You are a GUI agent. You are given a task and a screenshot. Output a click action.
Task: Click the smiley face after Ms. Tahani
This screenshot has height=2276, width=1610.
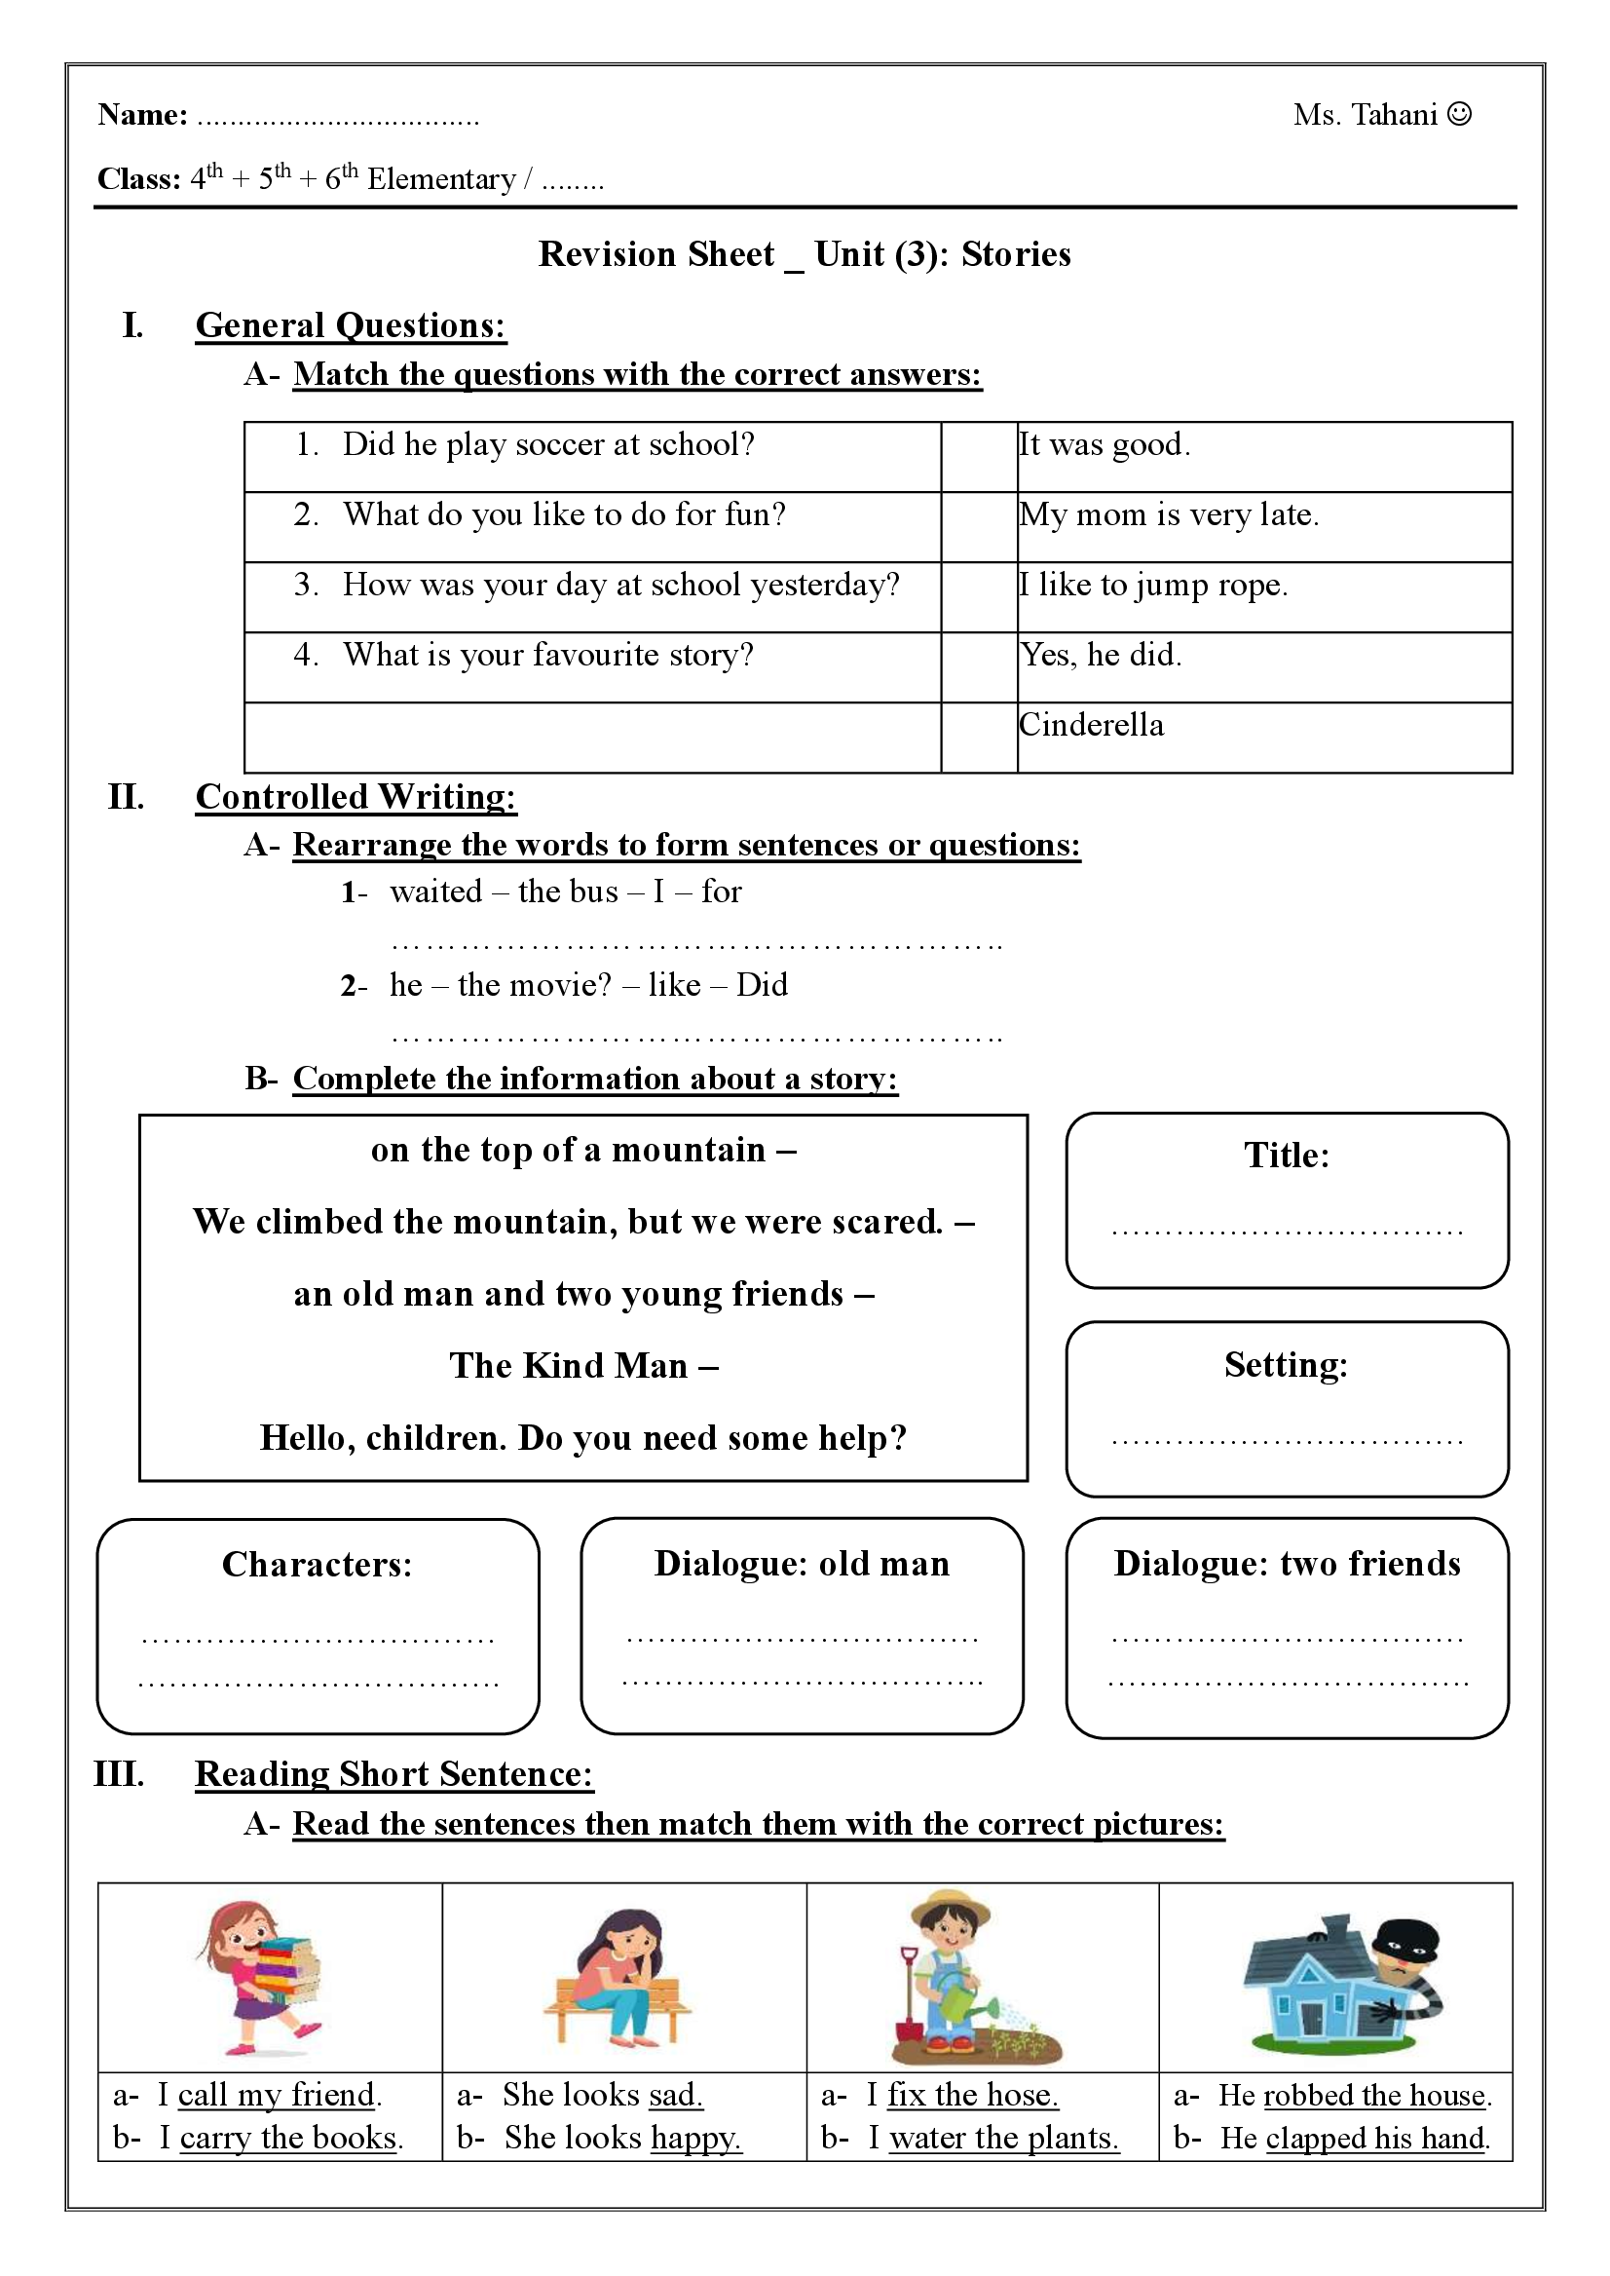point(1459,115)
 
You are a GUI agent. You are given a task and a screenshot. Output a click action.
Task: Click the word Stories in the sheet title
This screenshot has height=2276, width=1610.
point(1016,255)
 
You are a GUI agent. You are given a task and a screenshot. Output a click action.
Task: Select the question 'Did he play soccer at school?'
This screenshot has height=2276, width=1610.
point(548,444)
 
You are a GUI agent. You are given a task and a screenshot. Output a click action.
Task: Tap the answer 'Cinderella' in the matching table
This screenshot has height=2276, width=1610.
point(1092,725)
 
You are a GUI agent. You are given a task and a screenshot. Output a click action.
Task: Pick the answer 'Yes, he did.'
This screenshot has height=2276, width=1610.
point(1102,655)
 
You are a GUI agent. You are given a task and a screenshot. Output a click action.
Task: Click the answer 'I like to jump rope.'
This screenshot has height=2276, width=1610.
point(1154,586)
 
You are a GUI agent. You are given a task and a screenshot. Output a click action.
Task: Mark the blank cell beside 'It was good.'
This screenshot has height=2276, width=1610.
point(979,456)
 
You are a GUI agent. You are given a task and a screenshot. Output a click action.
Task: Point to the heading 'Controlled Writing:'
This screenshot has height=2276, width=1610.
point(356,796)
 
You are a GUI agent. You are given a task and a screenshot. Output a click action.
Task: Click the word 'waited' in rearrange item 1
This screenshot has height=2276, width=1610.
point(436,891)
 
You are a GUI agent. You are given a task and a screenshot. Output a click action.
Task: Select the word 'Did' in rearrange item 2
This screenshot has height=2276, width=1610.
point(762,985)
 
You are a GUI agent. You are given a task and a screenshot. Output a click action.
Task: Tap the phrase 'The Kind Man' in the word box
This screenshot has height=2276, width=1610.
point(568,1366)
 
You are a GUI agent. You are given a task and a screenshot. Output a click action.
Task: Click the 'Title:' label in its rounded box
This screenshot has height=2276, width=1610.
point(1287,1156)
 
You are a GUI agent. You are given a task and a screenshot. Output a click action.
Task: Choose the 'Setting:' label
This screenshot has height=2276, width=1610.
point(1286,1365)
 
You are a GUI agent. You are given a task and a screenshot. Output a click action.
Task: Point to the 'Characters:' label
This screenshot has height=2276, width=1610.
point(318,1564)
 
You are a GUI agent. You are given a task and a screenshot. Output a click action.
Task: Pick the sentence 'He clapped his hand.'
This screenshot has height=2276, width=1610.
point(1355,2139)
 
